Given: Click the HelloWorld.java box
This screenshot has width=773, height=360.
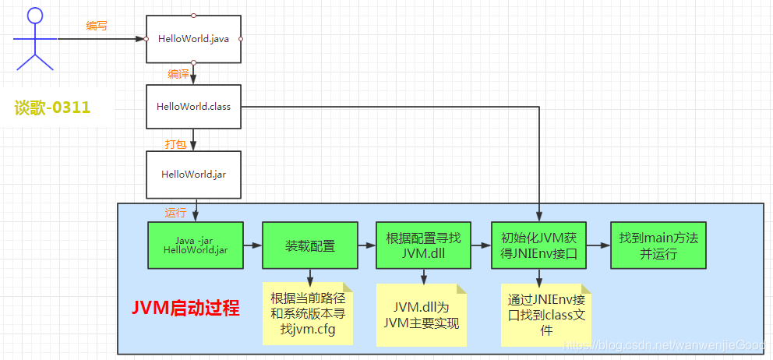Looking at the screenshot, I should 193,38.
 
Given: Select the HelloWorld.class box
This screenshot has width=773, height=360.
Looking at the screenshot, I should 193,106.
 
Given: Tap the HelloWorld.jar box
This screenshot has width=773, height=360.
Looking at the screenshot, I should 193,174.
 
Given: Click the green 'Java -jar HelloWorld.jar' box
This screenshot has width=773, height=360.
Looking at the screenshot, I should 196,245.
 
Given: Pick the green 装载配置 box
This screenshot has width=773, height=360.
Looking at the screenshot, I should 309,245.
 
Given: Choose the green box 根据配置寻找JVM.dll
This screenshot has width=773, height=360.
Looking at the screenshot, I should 424,245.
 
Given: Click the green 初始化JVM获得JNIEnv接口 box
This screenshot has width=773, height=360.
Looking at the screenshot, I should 538,245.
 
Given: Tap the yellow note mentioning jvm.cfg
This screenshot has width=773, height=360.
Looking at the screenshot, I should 308,313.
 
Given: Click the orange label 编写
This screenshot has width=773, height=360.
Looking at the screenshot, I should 97,26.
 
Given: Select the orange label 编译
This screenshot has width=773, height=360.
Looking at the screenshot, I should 178,74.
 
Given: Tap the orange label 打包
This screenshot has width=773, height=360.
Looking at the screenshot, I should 175,143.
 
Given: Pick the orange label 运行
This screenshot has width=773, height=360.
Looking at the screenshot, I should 175,213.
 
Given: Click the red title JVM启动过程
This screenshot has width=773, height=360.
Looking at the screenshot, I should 185,308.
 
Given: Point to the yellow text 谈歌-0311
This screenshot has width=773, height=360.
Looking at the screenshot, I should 53,108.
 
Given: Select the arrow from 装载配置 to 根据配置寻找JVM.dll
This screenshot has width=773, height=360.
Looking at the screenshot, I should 366,245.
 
